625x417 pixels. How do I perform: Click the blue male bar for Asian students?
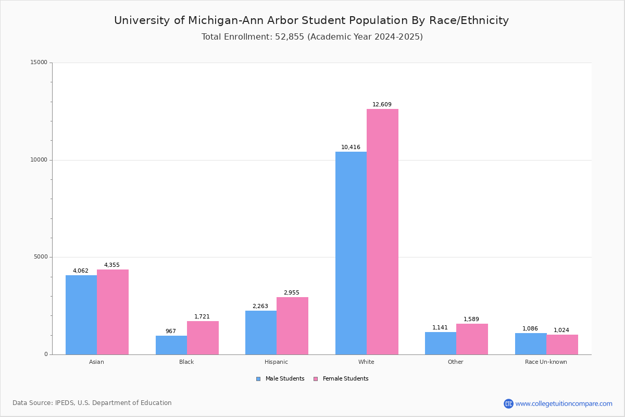pyautogui.click(x=81, y=315)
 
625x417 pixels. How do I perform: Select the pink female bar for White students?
pyautogui.click(x=382, y=232)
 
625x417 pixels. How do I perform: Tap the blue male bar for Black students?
pyautogui.click(x=171, y=345)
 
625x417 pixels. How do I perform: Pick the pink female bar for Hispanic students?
pyautogui.click(x=292, y=326)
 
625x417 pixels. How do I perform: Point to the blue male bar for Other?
pyautogui.click(x=441, y=343)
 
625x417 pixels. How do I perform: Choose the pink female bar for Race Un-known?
pyautogui.click(x=562, y=345)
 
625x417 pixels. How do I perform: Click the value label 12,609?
pyautogui.click(x=382, y=105)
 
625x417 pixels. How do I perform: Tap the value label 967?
pyautogui.click(x=171, y=332)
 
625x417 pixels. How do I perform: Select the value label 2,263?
pyautogui.click(x=260, y=306)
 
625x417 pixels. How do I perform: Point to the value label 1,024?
pyautogui.click(x=561, y=330)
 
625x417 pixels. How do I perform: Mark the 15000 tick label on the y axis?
pyautogui.click(x=39, y=63)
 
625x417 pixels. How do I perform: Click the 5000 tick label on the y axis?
pyautogui.click(x=41, y=257)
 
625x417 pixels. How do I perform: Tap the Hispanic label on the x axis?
pyautogui.click(x=276, y=362)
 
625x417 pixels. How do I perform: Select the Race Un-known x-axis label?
pyautogui.click(x=546, y=362)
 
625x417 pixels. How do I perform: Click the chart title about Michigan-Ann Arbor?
pyautogui.click(x=311, y=20)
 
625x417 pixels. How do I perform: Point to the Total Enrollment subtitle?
pyautogui.click(x=312, y=37)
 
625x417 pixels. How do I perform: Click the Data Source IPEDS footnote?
pyautogui.click(x=92, y=403)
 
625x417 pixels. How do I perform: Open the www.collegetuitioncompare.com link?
pyautogui.click(x=564, y=404)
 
